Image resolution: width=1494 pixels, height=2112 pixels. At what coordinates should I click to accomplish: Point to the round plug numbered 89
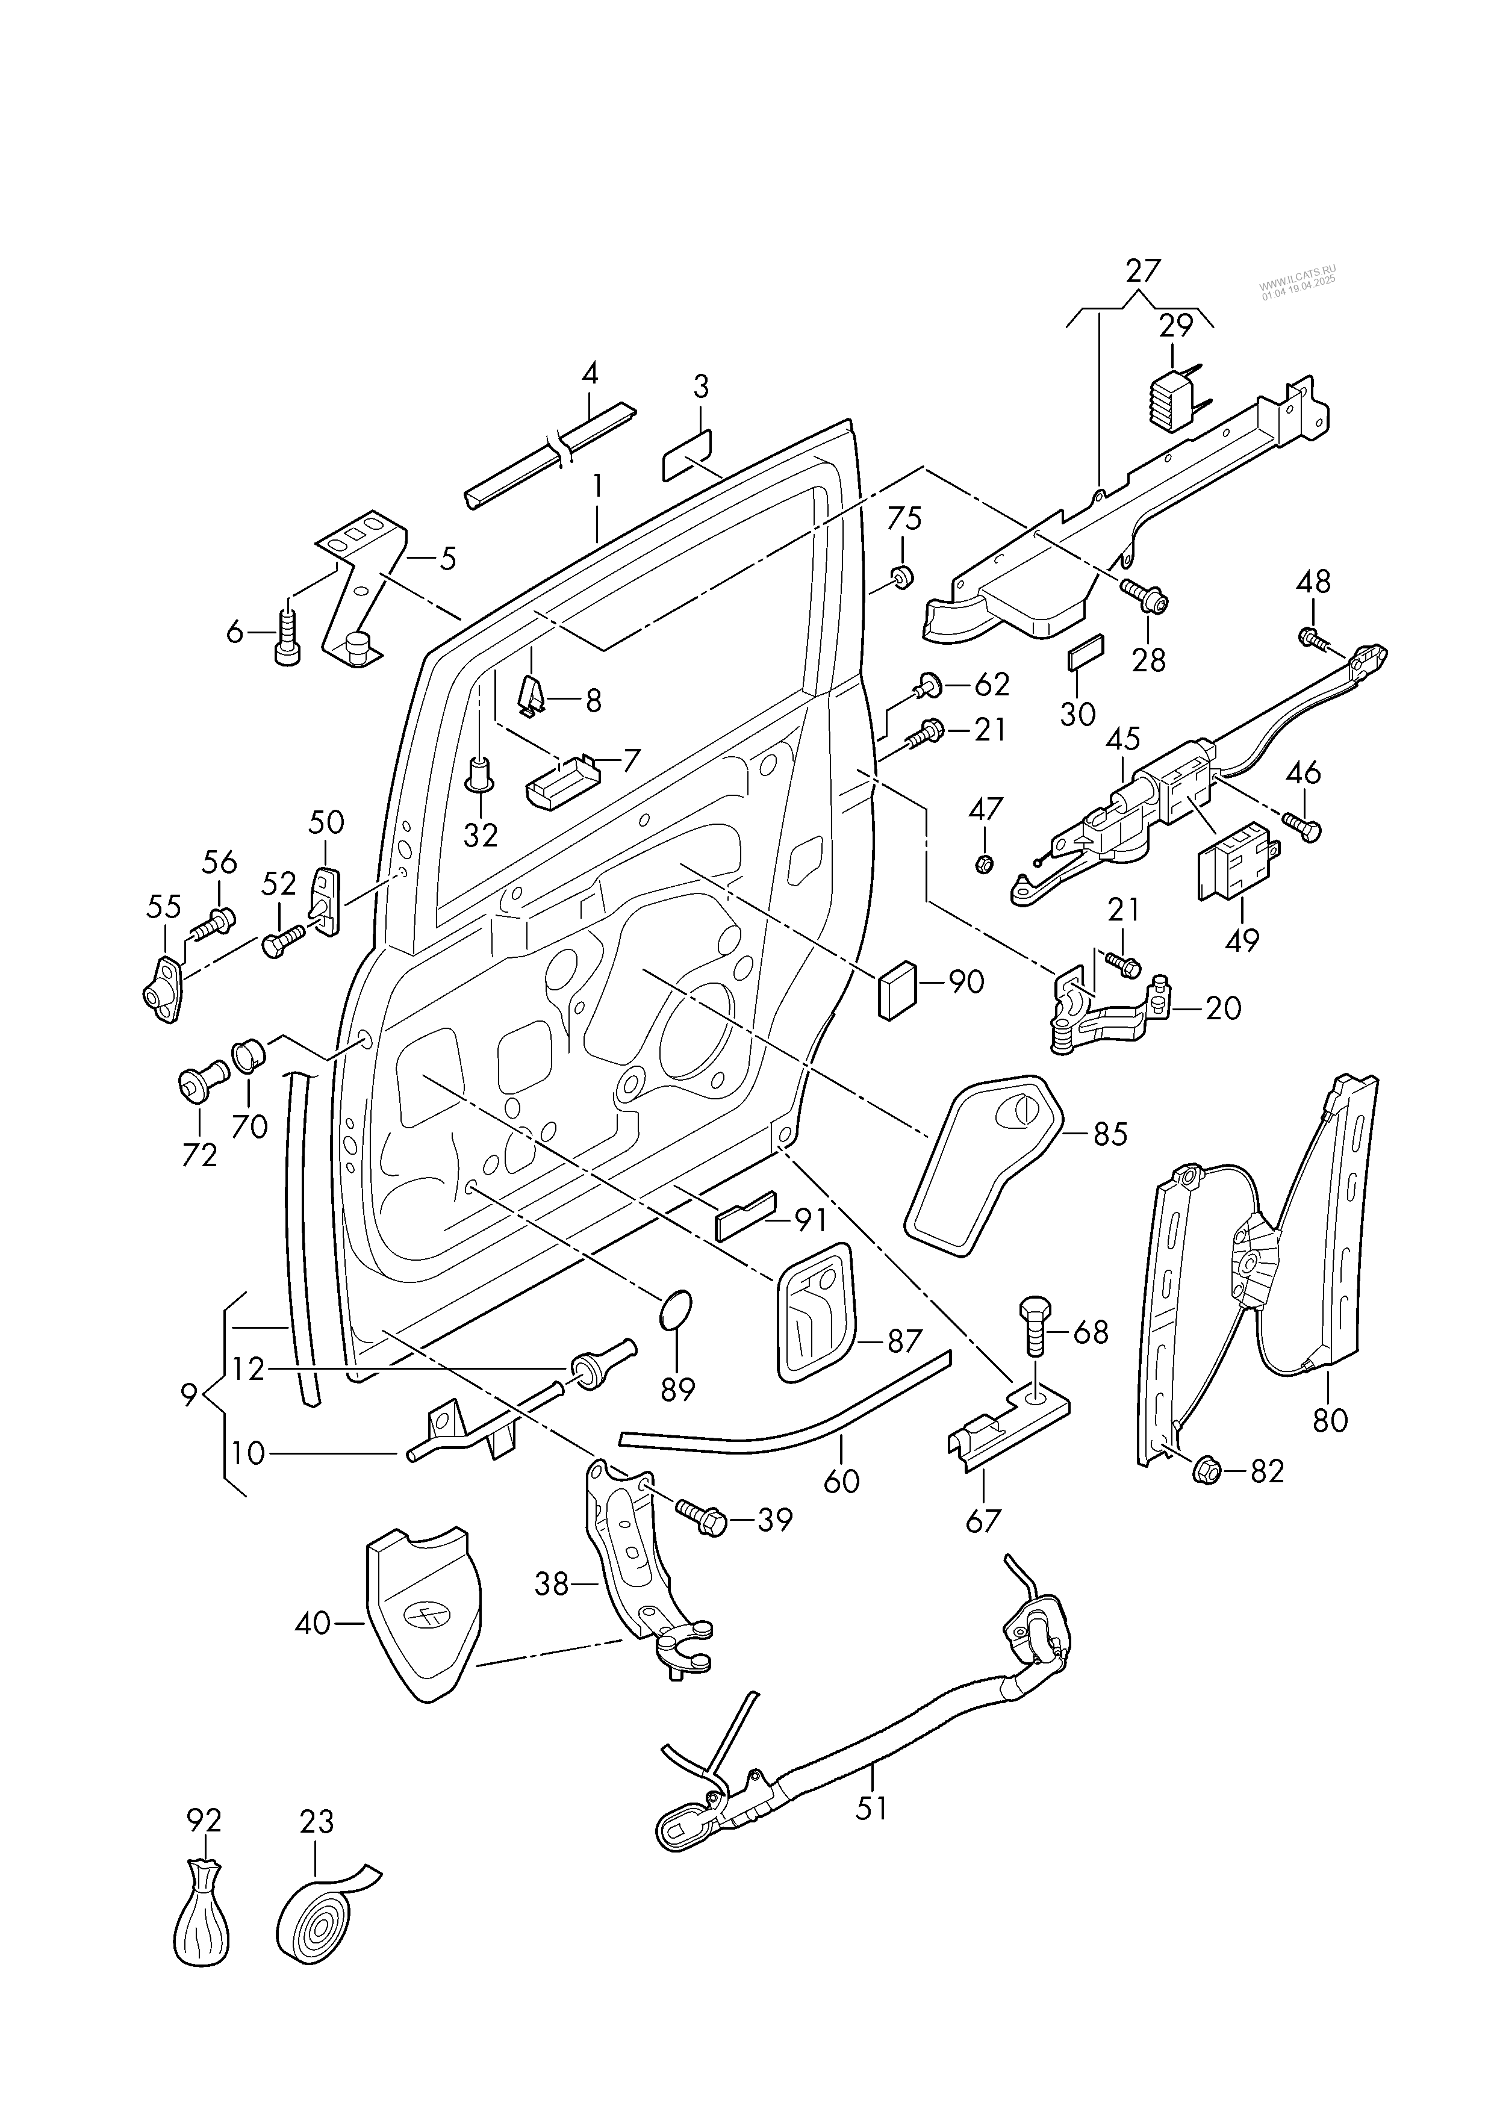coord(676,1308)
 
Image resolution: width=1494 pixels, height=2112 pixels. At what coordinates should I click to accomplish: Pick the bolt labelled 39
coord(702,1520)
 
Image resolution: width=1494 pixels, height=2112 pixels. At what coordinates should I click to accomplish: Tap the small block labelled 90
coord(896,989)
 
